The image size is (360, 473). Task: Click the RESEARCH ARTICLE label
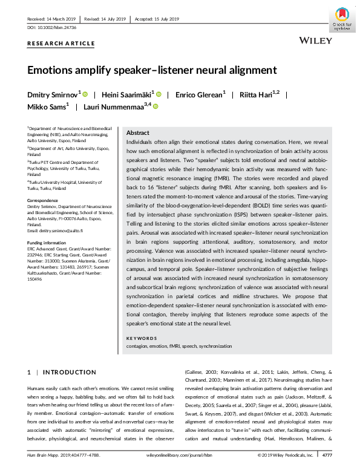coord(61,44)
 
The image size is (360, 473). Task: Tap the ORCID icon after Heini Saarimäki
coord(159,94)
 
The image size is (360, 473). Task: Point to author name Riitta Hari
coord(255,94)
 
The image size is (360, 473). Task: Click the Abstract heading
coord(138,132)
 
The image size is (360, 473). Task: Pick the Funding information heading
coord(47,242)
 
